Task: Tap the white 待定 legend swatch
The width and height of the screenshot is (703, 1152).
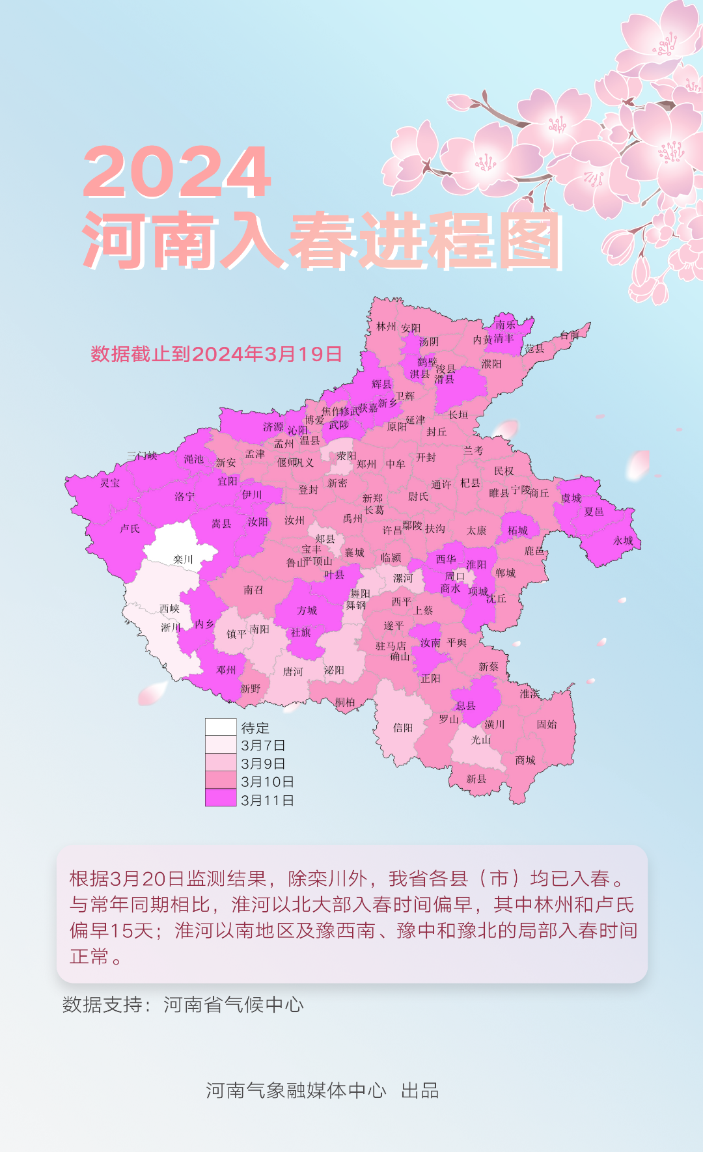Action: pos(221,727)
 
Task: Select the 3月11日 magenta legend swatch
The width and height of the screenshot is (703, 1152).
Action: pos(221,799)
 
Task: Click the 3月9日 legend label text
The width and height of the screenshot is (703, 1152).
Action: pos(263,763)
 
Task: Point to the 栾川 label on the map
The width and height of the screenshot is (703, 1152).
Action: pos(183,559)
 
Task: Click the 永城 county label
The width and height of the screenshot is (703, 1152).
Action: pos(623,540)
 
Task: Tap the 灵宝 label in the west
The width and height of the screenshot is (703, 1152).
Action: pos(110,483)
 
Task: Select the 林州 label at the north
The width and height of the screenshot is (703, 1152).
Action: pos(386,326)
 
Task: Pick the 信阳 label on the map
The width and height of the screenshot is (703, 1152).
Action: pos(403,728)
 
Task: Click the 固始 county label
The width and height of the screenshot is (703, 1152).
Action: pos(547,724)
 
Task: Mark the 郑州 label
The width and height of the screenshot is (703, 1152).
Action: pos(366,464)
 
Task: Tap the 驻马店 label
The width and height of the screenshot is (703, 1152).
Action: pos(391,646)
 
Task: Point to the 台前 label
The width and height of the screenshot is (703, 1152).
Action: pos(570,335)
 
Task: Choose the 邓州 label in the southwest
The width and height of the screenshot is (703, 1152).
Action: pos(226,670)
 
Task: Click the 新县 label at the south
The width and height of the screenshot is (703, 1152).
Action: pos(476,778)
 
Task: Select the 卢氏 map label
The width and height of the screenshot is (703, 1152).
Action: pos(130,528)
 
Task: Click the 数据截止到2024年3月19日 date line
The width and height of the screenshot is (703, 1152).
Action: pos(216,354)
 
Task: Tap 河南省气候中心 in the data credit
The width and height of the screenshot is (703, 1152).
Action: pos(234,1005)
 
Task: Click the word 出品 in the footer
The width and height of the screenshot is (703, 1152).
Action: pos(420,1091)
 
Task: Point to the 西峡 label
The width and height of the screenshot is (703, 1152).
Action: pos(169,609)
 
